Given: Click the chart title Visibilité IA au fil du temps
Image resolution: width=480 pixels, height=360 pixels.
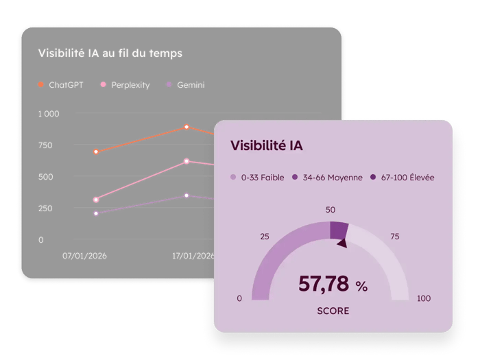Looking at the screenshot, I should point(110,53).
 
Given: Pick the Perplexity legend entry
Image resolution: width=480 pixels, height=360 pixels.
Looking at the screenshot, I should point(125,86).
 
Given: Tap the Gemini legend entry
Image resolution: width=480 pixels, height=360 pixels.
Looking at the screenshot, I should point(185,86).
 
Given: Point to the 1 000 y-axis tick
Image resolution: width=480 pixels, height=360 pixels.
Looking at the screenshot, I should point(49,114).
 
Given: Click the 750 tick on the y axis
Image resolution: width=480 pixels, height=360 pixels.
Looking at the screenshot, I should point(45,145).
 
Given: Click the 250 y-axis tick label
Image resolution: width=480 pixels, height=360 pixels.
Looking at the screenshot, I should point(45,208).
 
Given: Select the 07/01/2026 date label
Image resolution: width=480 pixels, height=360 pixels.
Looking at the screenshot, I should point(84,256).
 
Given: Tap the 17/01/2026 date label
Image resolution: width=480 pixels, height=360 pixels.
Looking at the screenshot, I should point(193,256).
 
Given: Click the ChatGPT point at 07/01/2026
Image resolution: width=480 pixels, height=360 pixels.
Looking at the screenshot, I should point(96,152).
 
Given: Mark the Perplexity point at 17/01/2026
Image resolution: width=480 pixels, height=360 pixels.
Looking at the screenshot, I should point(187,161).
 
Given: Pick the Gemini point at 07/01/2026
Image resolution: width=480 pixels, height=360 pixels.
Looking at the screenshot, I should point(96,213).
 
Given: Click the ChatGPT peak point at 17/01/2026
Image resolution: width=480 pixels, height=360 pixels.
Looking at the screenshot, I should point(187,127).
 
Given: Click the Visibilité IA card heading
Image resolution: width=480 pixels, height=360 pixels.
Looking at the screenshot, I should point(267,145).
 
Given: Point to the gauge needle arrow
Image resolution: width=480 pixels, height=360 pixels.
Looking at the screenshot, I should point(341,241).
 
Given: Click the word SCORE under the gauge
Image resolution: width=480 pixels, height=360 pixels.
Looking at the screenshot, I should point(333,311).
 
